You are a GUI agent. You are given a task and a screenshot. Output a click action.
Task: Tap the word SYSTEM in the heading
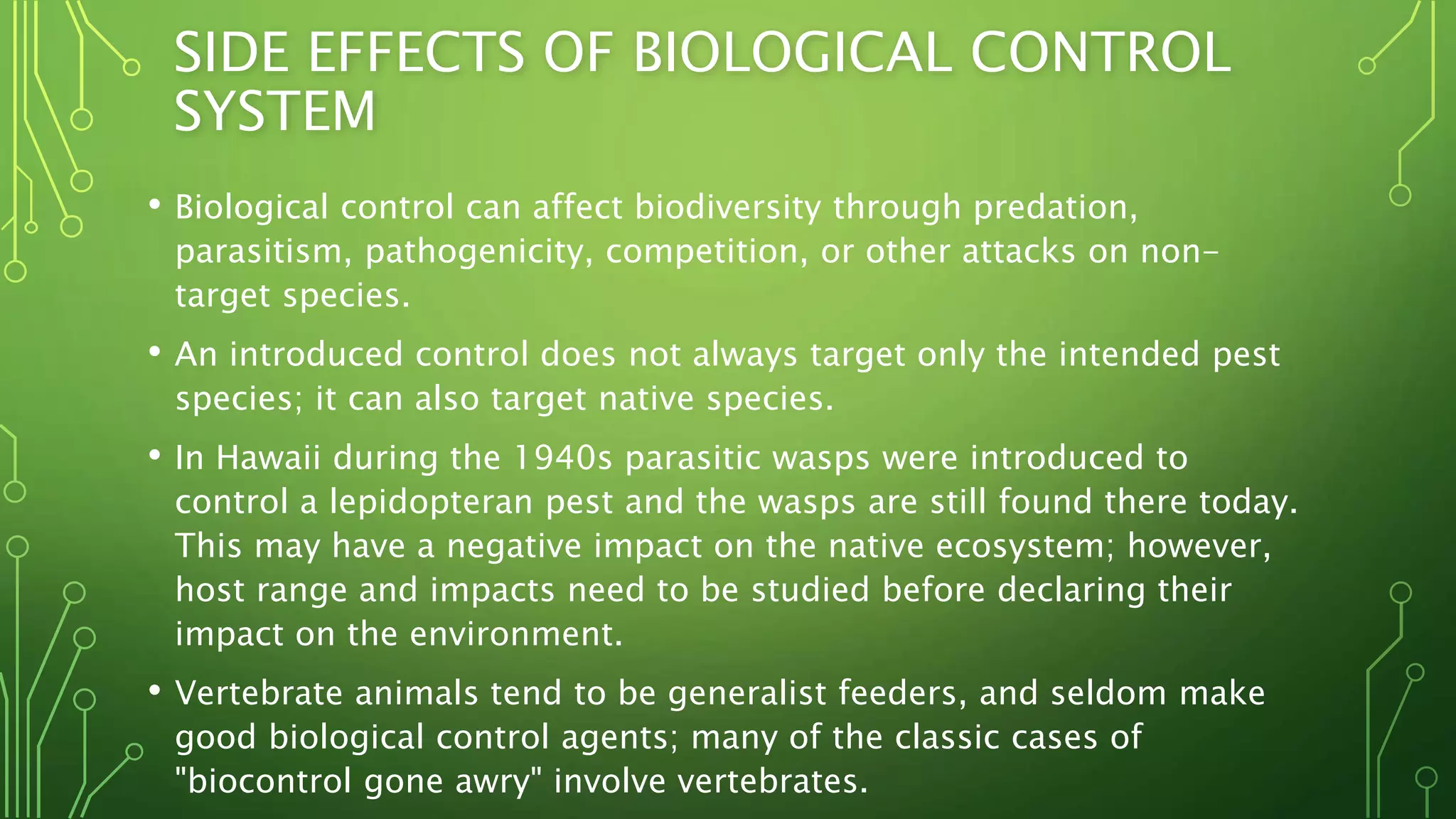[x=274, y=112]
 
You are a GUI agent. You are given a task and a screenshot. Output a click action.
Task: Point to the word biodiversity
[x=727, y=208]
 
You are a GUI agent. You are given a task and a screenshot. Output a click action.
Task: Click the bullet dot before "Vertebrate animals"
[x=154, y=690]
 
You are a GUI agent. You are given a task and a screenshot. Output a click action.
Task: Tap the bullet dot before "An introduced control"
[x=154, y=351]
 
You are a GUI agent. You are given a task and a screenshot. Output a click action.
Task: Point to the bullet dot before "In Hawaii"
[x=154, y=454]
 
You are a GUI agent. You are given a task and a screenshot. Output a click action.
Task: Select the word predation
[x=1055, y=208]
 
